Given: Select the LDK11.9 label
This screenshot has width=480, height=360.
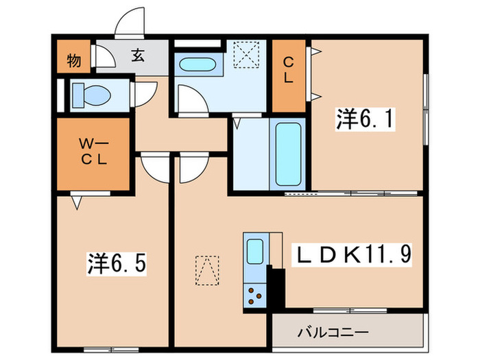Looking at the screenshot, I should tap(354, 254).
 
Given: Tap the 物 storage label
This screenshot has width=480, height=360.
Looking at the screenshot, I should tap(74, 60).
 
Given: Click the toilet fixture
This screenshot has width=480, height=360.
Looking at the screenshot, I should tap(88, 95).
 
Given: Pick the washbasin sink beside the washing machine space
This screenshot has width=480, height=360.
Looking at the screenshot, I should tap(197, 67).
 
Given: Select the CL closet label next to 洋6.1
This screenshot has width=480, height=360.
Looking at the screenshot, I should tap(289, 69).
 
